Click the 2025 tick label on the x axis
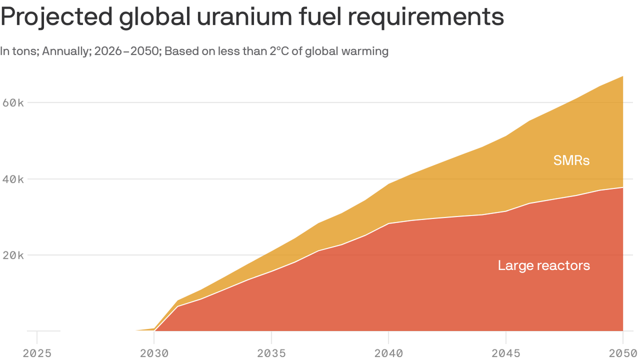pos(37,353)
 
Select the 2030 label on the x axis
pos(154,353)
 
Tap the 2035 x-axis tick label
pos(271,353)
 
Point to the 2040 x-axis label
pos(388,353)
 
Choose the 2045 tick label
pos(506,353)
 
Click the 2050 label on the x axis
pos(623,353)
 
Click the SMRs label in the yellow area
pos(571,161)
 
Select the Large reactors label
pos(543,266)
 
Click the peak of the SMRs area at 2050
pos(623,76)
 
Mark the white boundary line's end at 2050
pos(623,187)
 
